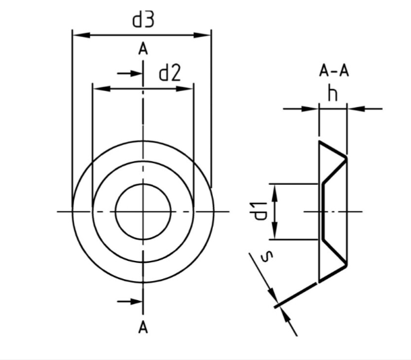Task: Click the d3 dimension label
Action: click(143, 20)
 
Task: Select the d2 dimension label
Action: click(170, 73)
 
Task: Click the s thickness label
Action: click(267, 257)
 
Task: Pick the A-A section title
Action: click(334, 71)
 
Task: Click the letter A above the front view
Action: click(143, 49)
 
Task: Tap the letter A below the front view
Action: click(143, 328)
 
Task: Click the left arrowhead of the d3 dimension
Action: click(82, 35)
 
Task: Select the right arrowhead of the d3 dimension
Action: click(202, 35)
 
